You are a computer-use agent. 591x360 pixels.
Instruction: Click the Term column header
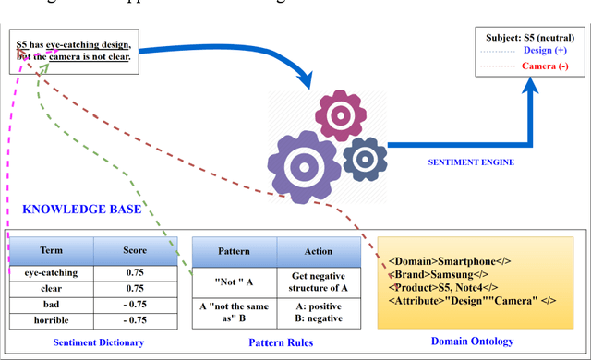click(52, 250)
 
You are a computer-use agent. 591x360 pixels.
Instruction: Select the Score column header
click(135, 250)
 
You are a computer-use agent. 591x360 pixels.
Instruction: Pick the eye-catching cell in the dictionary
click(52, 272)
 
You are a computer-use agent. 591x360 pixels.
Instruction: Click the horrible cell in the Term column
click(52, 319)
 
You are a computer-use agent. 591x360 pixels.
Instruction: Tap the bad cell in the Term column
click(52, 304)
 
